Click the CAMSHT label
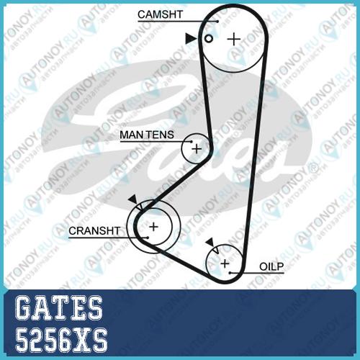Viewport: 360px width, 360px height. pos(160,14)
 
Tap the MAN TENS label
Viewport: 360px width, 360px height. pos(147,135)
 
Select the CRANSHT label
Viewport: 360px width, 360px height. pos(94,231)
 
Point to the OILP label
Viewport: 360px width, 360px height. pos(271,266)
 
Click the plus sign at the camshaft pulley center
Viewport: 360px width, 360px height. pos(234,39)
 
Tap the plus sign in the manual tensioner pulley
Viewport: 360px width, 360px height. pos(197,149)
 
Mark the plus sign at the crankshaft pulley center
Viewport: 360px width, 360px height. pos(153,227)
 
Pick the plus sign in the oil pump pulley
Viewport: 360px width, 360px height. pos(225,264)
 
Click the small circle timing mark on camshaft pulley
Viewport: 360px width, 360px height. pos(209,38)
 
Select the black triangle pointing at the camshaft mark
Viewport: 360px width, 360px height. pos(190,38)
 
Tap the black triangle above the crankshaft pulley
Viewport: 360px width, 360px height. pos(133,199)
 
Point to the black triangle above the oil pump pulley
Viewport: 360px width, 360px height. pos(210,243)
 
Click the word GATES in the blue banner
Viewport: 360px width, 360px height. pos(59,308)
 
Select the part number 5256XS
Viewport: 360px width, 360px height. pos(61,340)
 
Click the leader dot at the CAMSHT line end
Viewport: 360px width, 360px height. pos(217,22)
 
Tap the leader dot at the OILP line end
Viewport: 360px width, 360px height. pos(230,273)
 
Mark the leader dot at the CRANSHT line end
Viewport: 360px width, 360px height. pos(148,238)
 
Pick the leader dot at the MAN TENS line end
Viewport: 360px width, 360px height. pos(192,142)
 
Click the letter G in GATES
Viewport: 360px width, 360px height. pos(24,308)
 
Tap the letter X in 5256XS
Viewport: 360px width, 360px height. pos(81,340)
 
